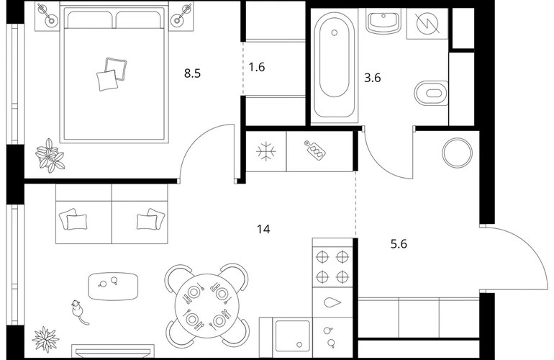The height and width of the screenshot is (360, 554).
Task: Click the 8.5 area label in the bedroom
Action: point(192,73)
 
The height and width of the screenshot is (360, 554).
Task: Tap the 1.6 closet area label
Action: point(257,67)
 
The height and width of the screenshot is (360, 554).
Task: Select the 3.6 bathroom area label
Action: point(373,78)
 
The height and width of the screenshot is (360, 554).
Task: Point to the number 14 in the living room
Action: point(263,229)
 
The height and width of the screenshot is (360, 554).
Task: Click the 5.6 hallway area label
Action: point(399,244)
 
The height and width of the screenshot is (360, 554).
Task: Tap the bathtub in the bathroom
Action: point(334,65)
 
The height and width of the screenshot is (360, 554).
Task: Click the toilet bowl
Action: point(431,94)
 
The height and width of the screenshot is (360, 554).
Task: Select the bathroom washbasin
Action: point(383,22)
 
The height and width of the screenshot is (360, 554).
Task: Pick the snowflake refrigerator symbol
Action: point(266,152)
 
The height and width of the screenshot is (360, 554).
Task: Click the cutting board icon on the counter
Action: point(314,150)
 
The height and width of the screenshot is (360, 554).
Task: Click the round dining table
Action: point(206,305)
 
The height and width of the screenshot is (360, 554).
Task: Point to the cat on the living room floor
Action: point(78,312)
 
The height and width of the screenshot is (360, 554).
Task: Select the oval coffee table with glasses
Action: point(113,286)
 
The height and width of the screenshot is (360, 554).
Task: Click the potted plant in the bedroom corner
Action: point(50,156)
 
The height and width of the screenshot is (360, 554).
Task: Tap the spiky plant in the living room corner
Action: point(45,339)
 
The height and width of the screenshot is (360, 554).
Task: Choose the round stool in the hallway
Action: point(457,153)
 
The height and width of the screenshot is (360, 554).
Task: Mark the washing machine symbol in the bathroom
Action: point(427,23)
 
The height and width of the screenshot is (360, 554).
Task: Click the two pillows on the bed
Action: point(112,73)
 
